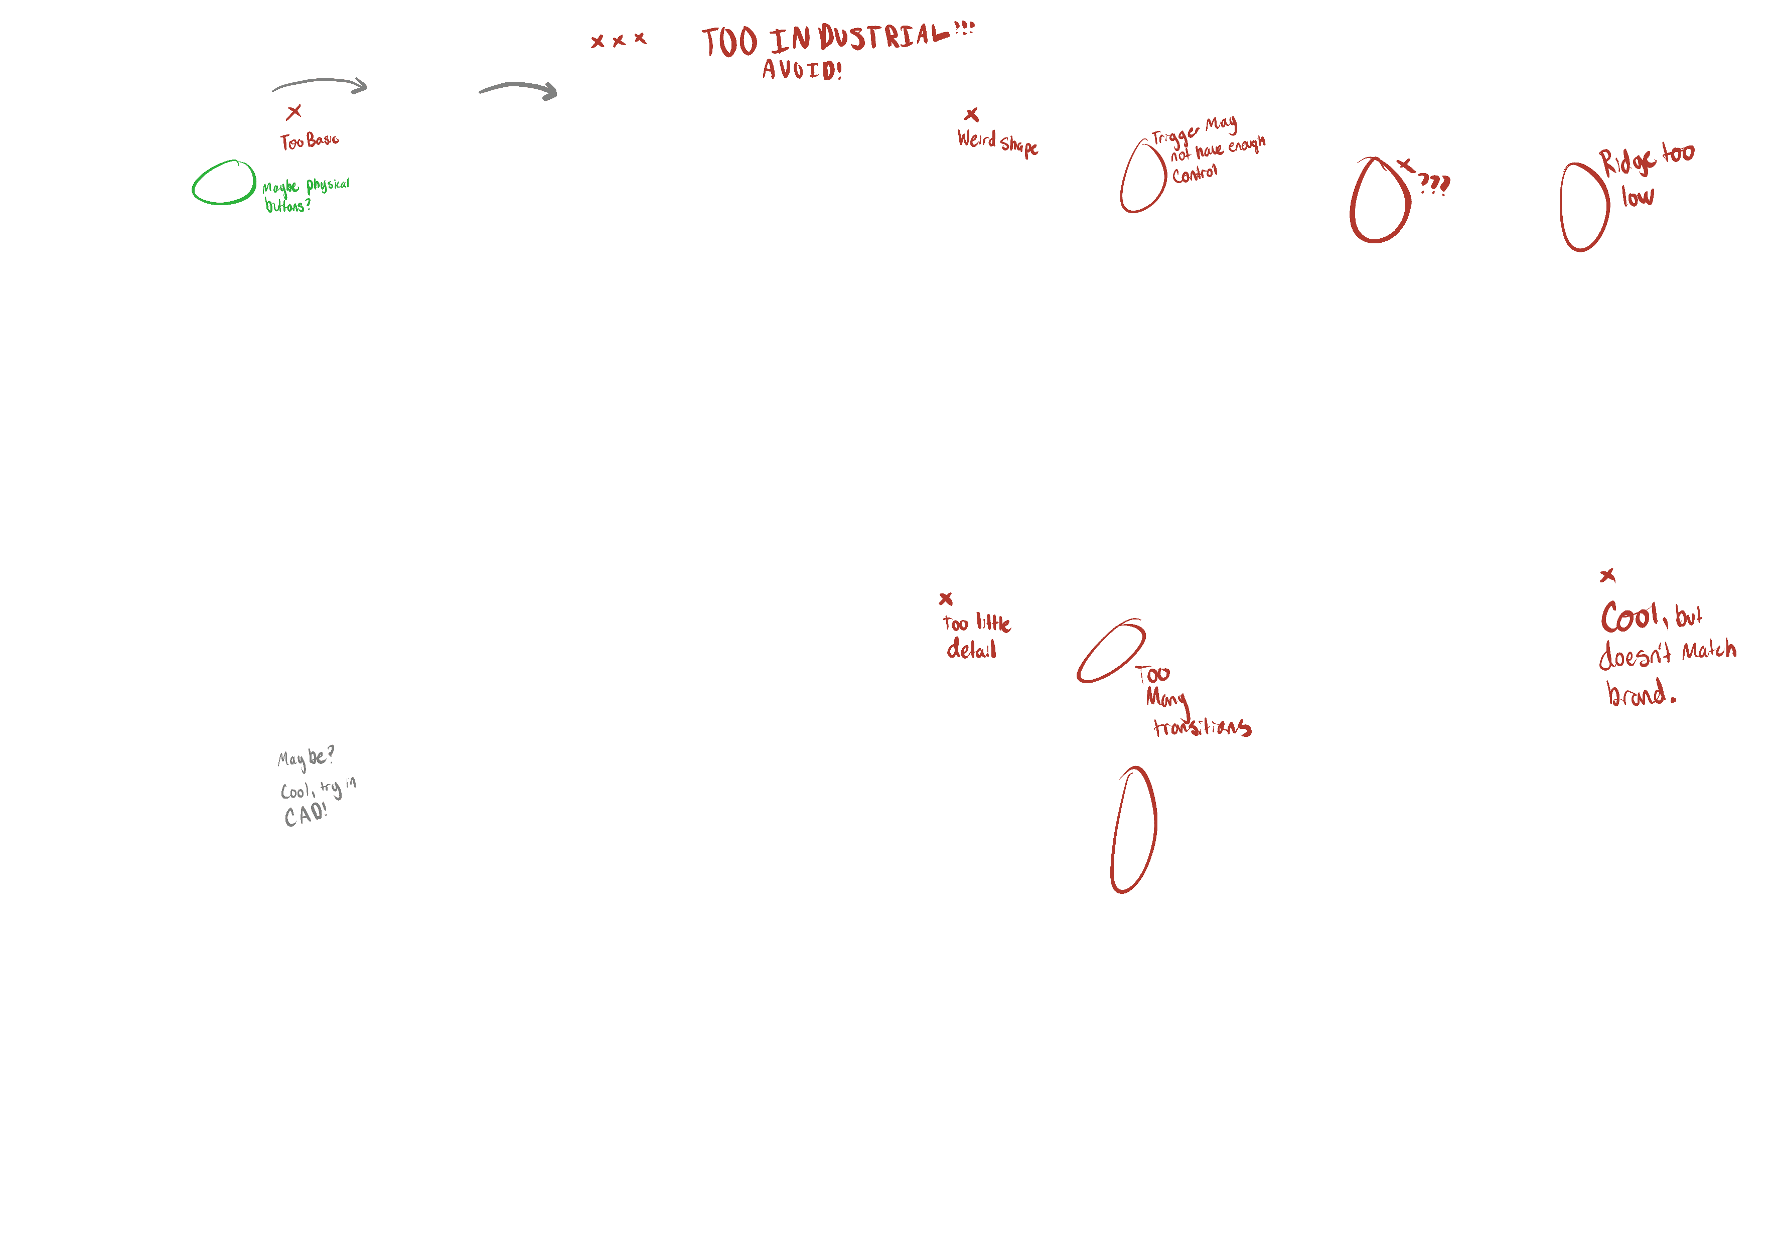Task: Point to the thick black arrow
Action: (x=518, y=88)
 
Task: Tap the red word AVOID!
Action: (x=801, y=70)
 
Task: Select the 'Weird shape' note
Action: (x=997, y=143)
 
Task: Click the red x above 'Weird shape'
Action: (x=972, y=115)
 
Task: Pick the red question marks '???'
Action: (x=1434, y=183)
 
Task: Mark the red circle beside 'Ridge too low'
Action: (x=1584, y=207)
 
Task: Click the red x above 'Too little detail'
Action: (x=946, y=598)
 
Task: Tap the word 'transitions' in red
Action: (x=1202, y=727)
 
